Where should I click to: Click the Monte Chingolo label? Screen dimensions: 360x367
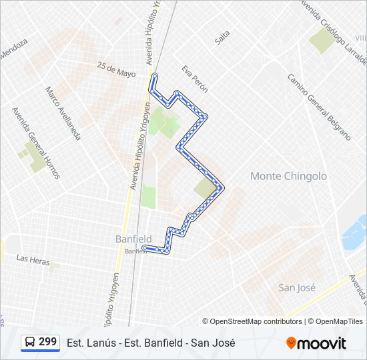[x=288, y=176]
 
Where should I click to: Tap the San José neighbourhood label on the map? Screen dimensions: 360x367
[x=296, y=287]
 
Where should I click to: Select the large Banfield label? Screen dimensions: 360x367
[x=133, y=239]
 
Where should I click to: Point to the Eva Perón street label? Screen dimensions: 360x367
[x=195, y=78]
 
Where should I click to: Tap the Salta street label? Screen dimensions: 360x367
[x=222, y=37]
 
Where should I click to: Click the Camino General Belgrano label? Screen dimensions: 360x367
[x=318, y=106]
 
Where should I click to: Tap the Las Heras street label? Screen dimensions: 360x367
[x=33, y=260]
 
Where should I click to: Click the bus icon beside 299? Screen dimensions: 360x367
[x=30, y=342]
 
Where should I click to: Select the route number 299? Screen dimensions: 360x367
[x=47, y=342]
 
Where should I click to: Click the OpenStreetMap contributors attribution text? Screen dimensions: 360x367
[x=256, y=321]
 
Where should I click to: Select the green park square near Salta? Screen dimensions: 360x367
[x=322, y=41]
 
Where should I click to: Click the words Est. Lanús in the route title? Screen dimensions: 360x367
[x=87, y=343]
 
